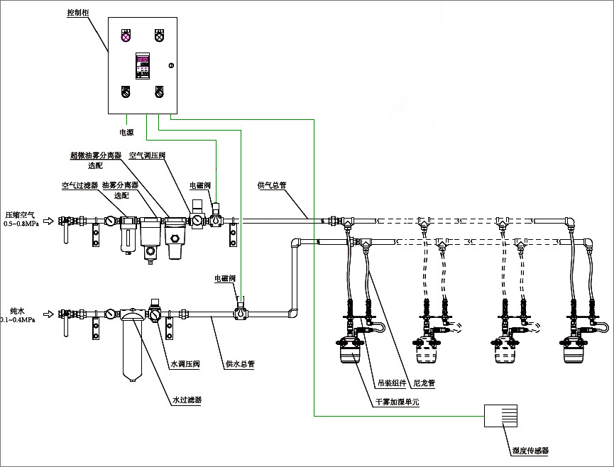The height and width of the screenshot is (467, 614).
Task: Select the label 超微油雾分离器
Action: pyautogui.click(x=96, y=155)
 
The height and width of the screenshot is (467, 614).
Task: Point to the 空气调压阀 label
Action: pyautogui.click(x=146, y=155)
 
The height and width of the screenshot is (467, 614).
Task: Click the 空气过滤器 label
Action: pyautogui.click(x=79, y=185)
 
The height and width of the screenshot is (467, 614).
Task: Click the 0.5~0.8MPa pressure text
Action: pyautogui.click(x=21, y=224)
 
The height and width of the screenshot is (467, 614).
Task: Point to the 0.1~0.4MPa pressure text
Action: pyautogui.click(x=21, y=320)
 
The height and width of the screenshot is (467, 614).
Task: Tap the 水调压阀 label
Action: pyautogui.click(x=184, y=364)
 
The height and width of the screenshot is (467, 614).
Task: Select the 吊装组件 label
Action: pyautogui.click(x=391, y=383)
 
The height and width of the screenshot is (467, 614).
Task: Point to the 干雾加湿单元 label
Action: pyautogui.click(x=397, y=402)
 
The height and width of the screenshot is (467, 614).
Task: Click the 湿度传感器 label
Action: pyautogui.click(x=531, y=450)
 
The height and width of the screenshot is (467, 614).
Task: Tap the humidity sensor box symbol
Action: pyautogui.click(x=500, y=416)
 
